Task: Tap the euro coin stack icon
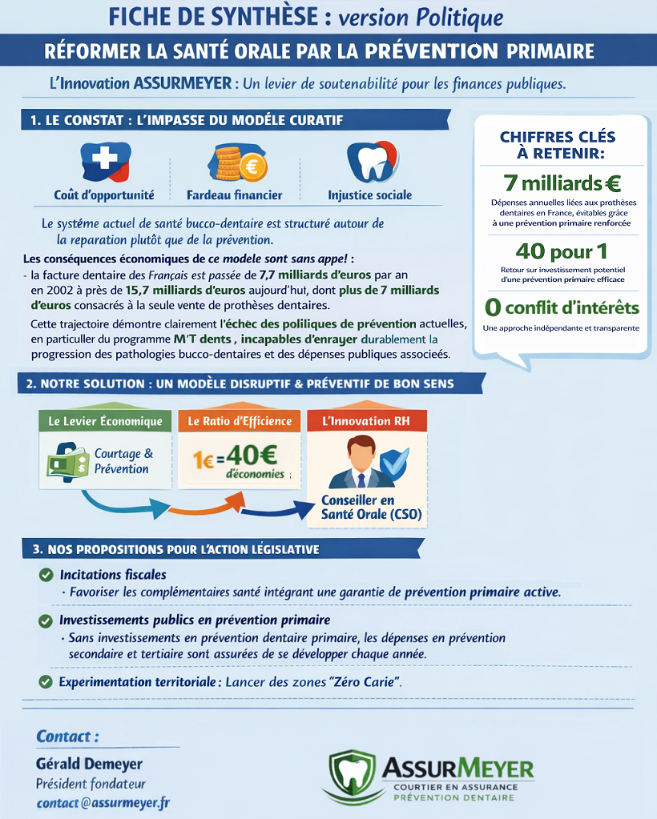pyautogui.click(x=239, y=163)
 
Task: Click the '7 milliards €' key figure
pyautogui.click(x=562, y=183)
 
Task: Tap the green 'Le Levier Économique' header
pyautogui.click(x=105, y=421)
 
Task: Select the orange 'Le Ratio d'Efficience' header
pyautogui.click(x=240, y=421)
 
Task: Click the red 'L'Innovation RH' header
pyautogui.click(x=366, y=421)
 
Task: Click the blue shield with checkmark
pyautogui.click(x=393, y=463)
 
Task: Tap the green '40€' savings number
pyautogui.click(x=251, y=456)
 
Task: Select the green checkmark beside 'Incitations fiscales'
pyautogui.click(x=46, y=575)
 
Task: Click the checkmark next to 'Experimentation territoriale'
pyautogui.click(x=46, y=682)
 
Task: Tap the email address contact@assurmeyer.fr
pyautogui.click(x=103, y=802)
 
